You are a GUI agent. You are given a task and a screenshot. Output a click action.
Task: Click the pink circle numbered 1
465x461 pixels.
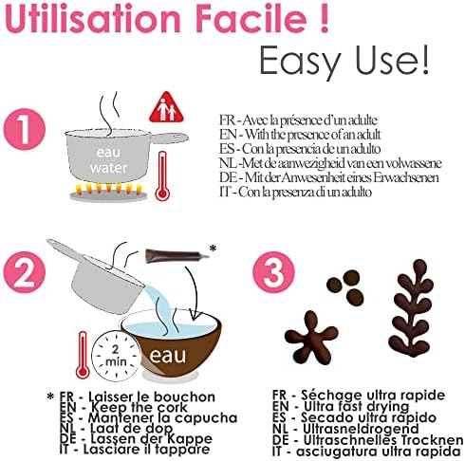tap(25, 129)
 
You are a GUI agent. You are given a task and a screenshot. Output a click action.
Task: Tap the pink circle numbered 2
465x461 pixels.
tap(25, 272)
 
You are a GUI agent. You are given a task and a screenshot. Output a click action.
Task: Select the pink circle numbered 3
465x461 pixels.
tap(273, 272)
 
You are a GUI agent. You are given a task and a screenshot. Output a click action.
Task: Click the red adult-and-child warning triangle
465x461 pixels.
tap(166, 107)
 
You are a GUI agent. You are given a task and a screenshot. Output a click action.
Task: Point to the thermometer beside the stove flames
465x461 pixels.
tap(162, 175)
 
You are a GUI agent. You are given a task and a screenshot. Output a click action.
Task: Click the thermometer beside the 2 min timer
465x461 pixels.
tap(83, 355)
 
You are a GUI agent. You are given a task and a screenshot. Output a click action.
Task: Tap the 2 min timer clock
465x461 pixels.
tap(116, 356)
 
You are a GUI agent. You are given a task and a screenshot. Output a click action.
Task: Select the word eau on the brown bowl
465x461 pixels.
tap(168, 356)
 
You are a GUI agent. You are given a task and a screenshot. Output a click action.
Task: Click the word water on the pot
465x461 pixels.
tap(108, 168)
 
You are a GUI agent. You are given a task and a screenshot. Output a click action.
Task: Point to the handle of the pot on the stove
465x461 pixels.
tap(169, 138)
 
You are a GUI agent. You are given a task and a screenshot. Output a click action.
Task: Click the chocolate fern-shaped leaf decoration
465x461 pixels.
tap(411, 308)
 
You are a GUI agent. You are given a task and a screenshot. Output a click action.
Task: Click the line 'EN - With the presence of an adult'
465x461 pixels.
tap(300, 135)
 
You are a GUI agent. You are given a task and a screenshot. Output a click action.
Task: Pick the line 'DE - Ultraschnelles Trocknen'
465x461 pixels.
tap(367, 440)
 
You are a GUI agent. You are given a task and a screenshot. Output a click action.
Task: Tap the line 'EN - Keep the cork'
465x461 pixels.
tap(123, 407)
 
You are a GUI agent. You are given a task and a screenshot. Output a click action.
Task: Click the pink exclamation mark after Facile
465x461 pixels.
tap(324, 18)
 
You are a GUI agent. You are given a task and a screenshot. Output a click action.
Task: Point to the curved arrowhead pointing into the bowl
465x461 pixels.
tap(195, 315)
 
